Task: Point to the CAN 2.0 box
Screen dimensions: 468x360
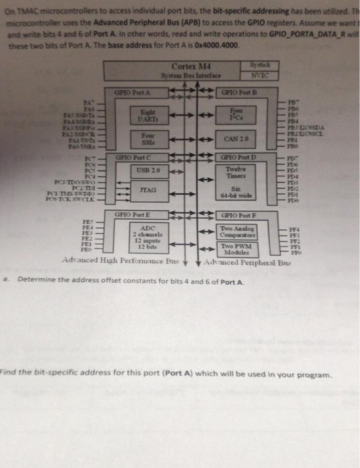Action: pos(232,139)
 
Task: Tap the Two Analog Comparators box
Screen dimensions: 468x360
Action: pos(234,232)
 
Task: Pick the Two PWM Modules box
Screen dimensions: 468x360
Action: pos(234,247)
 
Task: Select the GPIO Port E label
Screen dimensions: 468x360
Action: pos(134,215)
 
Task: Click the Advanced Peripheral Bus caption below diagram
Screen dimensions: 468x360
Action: pos(251,259)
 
